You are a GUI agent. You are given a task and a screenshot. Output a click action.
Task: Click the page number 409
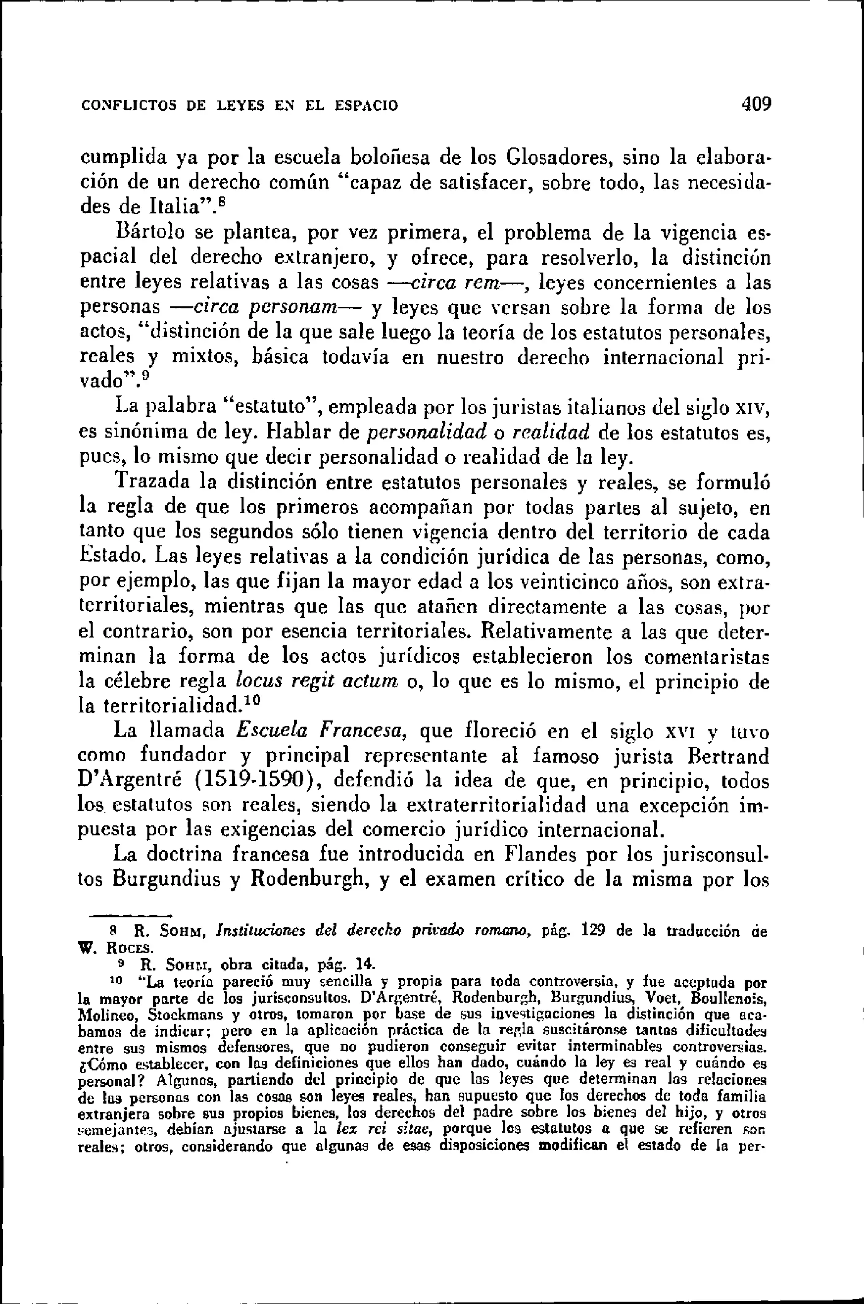point(756,104)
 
